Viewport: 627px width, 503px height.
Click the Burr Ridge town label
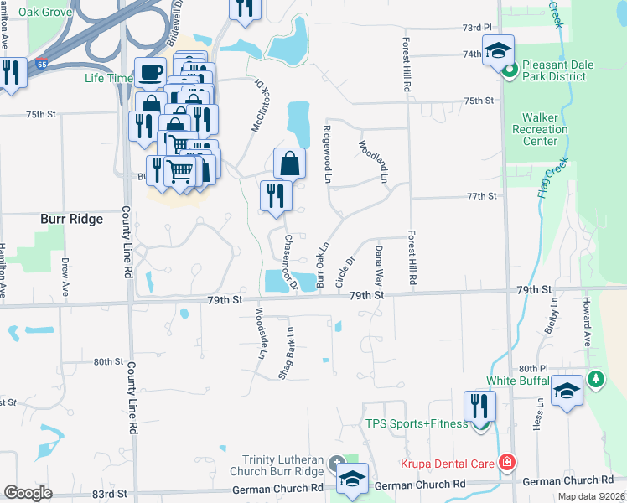(x=71, y=219)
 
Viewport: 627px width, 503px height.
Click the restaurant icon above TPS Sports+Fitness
(x=479, y=406)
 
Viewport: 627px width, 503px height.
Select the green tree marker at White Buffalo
(x=595, y=380)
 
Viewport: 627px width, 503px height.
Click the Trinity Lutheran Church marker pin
(x=336, y=464)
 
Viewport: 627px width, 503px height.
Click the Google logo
(x=28, y=493)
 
